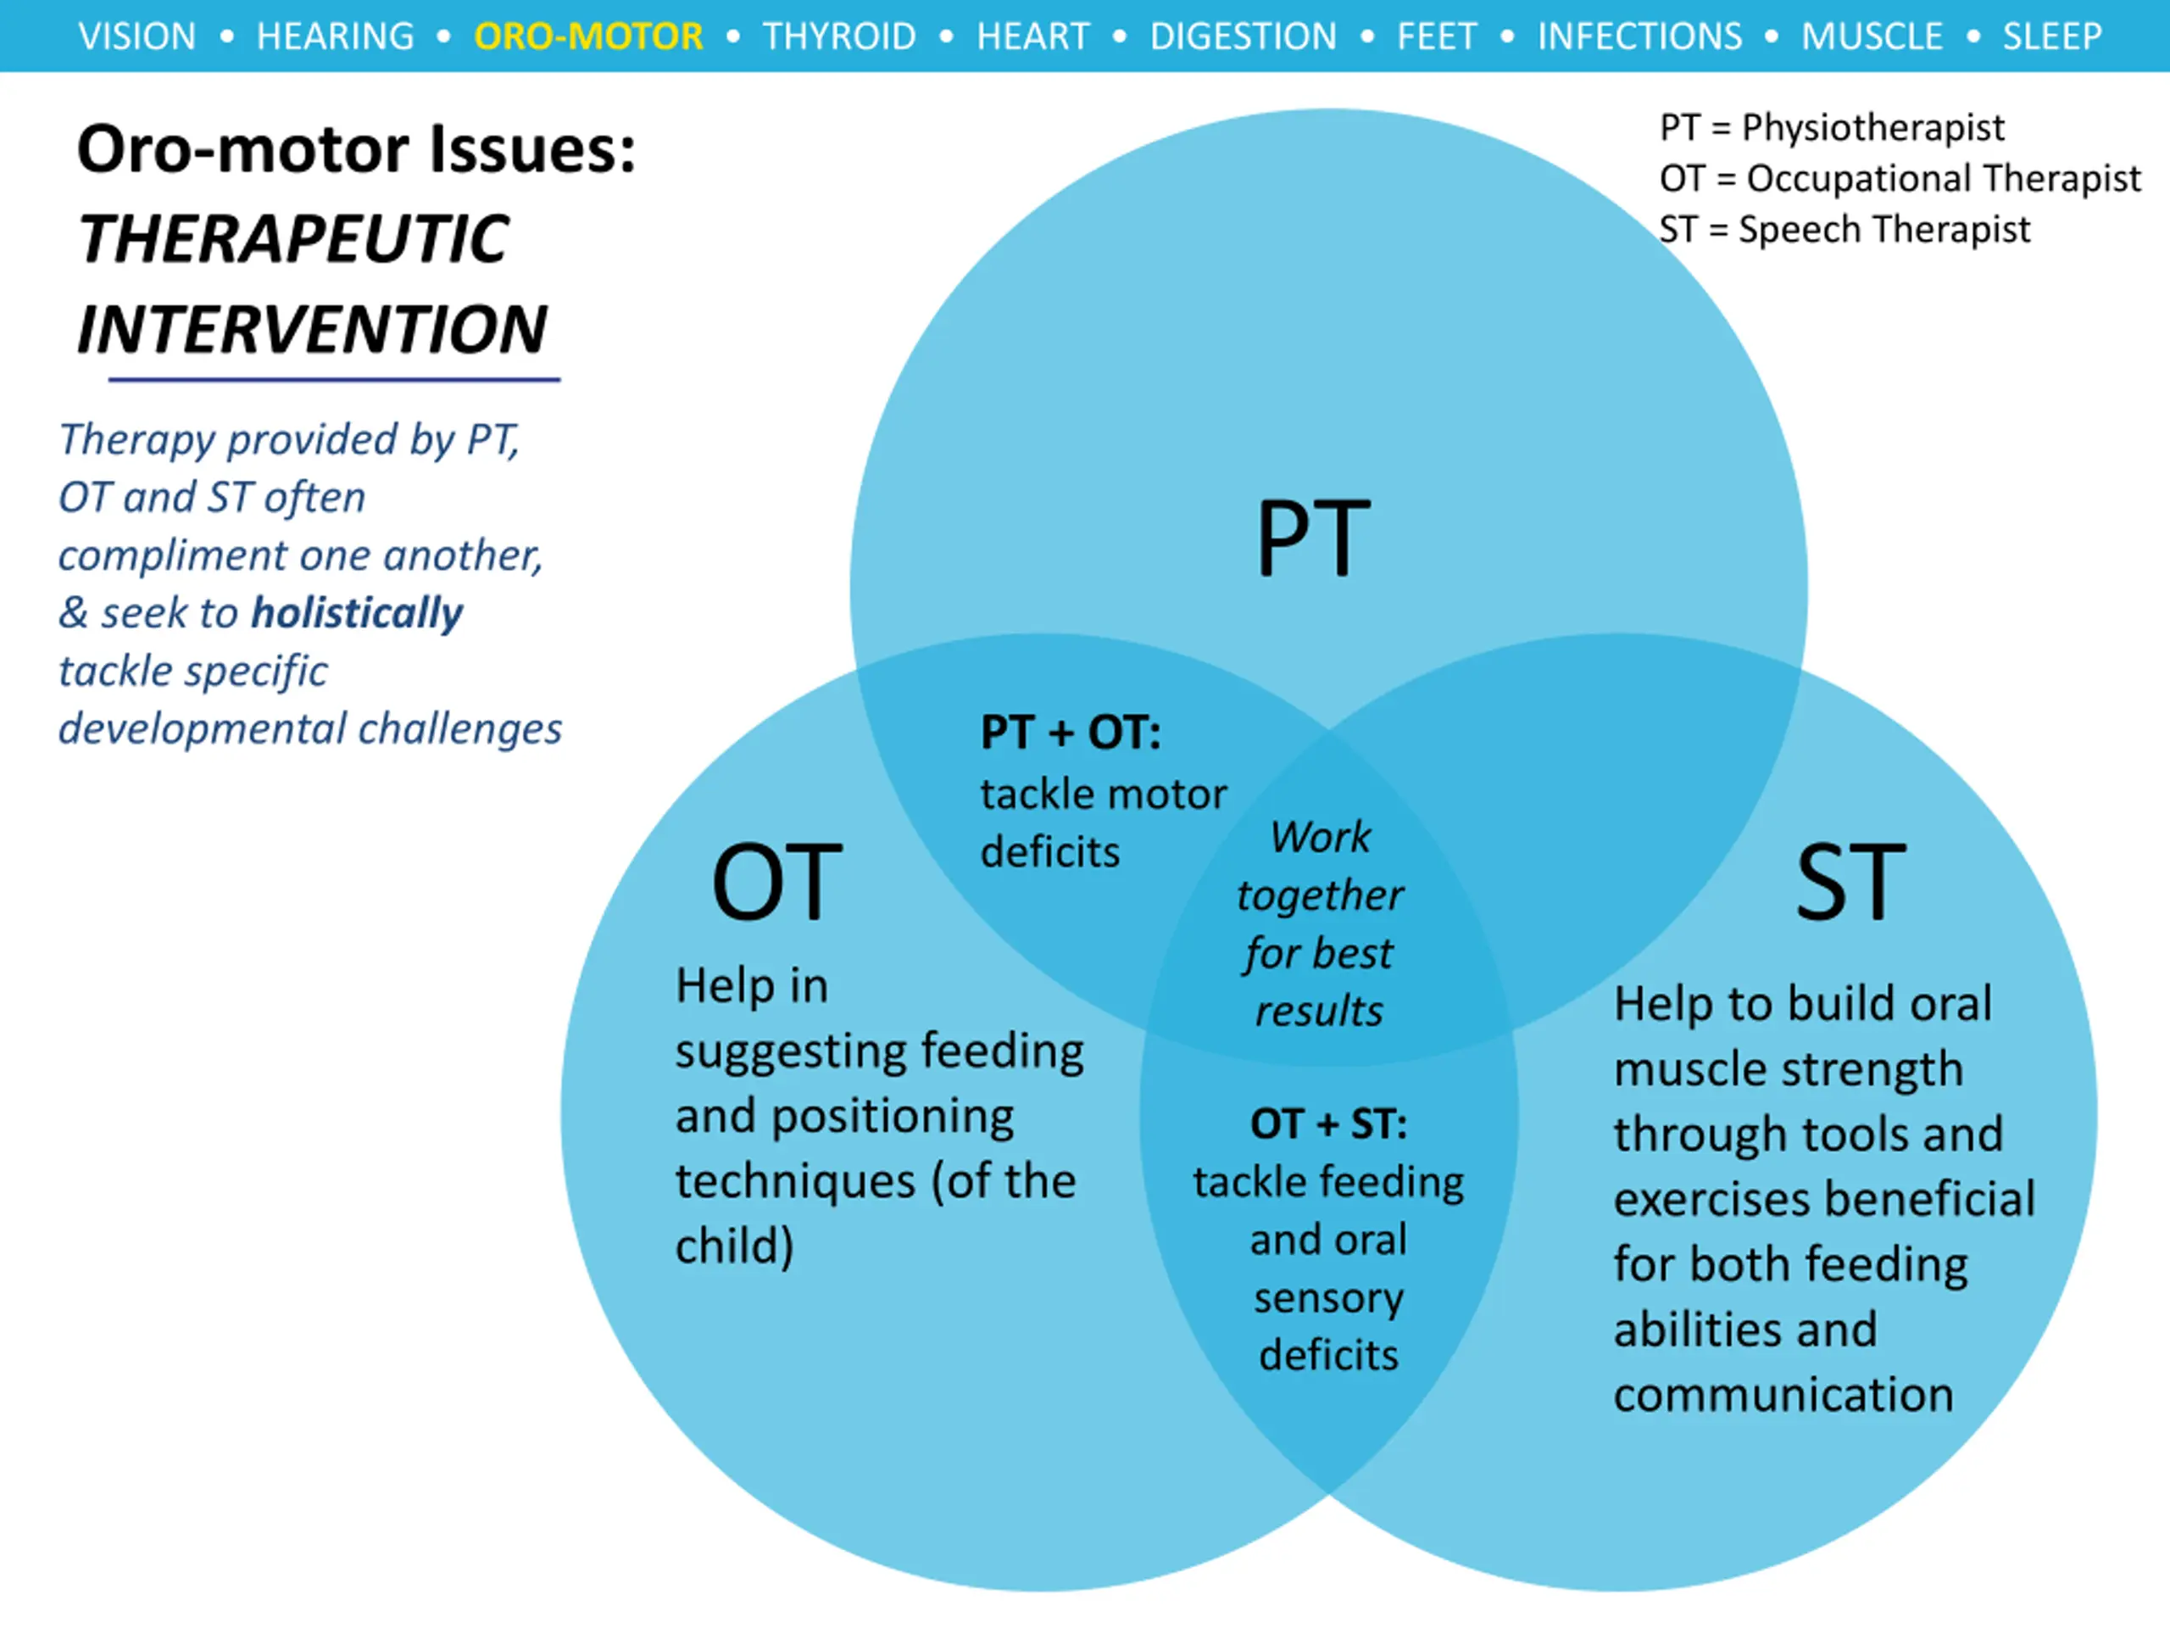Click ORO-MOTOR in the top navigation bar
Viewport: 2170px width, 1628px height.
(x=588, y=36)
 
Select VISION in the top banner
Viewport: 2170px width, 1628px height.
(x=137, y=36)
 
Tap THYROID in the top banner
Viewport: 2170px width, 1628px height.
(x=840, y=36)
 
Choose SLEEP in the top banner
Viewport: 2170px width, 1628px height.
(x=2052, y=36)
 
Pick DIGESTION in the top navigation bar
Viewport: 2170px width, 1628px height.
(x=1243, y=36)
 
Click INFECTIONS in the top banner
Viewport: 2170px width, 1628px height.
(x=1639, y=36)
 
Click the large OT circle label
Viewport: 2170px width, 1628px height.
(x=777, y=881)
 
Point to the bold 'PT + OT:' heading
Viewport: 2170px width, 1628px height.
(x=1071, y=732)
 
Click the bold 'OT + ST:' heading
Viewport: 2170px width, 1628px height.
(x=1328, y=1123)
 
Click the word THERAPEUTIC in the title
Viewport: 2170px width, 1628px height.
(x=293, y=239)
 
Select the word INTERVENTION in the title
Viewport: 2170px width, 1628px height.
(x=312, y=329)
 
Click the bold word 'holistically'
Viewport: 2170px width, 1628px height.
(x=357, y=613)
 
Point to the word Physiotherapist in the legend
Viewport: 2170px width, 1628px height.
(x=1872, y=127)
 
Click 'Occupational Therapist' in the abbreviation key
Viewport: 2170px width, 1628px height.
(x=1944, y=179)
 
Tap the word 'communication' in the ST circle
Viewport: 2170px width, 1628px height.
(x=1783, y=1395)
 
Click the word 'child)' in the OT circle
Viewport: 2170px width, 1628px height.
(x=734, y=1246)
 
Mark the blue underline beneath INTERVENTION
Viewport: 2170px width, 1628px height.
(x=333, y=379)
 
